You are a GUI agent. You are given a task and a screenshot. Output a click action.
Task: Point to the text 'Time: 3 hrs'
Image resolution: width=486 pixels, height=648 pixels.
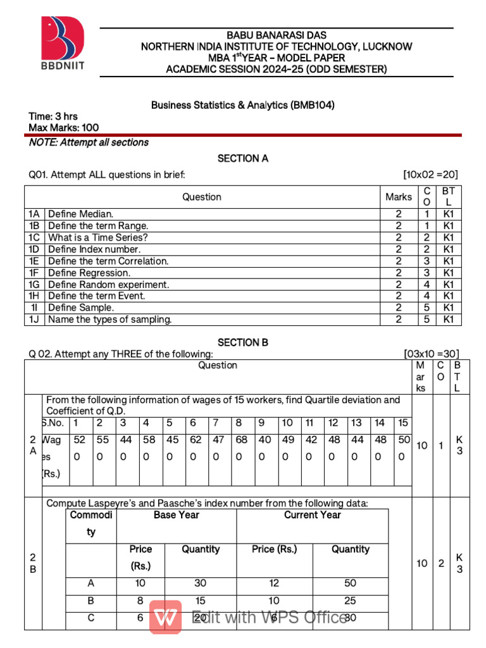click(x=53, y=116)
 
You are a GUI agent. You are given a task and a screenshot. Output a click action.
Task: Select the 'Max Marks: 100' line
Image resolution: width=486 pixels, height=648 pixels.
click(x=64, y=128)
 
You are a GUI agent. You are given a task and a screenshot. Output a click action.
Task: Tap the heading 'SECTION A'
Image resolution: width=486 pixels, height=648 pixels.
click(x=243, y=159)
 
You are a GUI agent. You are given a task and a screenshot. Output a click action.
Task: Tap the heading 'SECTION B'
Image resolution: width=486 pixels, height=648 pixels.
click(x=243, y=342)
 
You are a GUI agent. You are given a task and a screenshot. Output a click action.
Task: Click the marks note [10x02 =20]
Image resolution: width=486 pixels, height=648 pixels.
click(x=431, y=175)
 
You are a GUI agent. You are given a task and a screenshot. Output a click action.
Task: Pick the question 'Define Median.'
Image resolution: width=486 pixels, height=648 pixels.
click(x=81, y=215)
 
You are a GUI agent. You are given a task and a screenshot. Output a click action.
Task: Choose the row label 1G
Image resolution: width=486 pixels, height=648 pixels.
click(x=34, y=285)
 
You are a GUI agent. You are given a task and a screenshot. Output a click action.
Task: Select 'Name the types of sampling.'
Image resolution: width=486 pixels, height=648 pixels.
click(x=110, y=320)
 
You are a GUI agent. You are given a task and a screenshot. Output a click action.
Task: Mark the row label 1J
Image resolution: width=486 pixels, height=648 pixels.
click(x=34, y=320)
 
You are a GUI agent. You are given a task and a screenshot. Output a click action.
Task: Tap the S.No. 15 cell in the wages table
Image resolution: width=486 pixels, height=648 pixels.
click(x=403, y=423)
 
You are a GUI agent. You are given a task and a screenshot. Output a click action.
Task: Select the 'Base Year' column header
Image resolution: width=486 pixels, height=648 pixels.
click(x=176, y=515)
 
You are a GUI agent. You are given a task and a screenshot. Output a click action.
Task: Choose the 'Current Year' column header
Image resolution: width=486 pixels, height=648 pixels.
click(x=313, y=515)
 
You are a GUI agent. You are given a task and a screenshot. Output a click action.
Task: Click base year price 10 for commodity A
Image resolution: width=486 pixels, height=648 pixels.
click(x=140, y=583)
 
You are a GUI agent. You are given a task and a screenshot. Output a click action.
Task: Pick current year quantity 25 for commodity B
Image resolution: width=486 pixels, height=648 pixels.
click(x=350, y=601)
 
